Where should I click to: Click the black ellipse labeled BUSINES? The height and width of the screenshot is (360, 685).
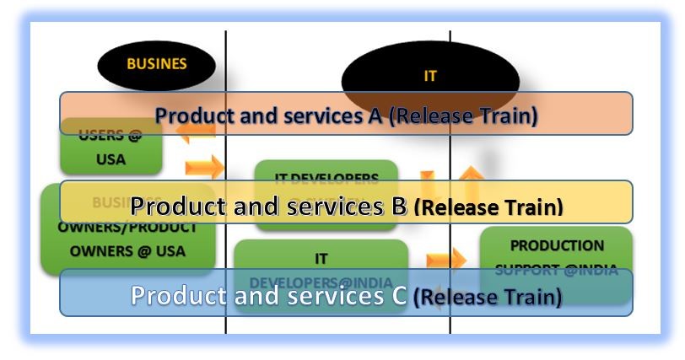(156, 64)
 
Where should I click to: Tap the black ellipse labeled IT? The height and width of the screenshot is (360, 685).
(429, 75)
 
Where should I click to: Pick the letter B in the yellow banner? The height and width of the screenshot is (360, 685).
(399, 205)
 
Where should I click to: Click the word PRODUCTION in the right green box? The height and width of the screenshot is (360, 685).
(556, 246)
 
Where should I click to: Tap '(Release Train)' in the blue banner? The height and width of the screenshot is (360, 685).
(488, 297)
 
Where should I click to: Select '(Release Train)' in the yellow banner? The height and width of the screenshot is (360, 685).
(488, 206)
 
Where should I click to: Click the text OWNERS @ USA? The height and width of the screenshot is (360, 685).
(127, 251)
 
